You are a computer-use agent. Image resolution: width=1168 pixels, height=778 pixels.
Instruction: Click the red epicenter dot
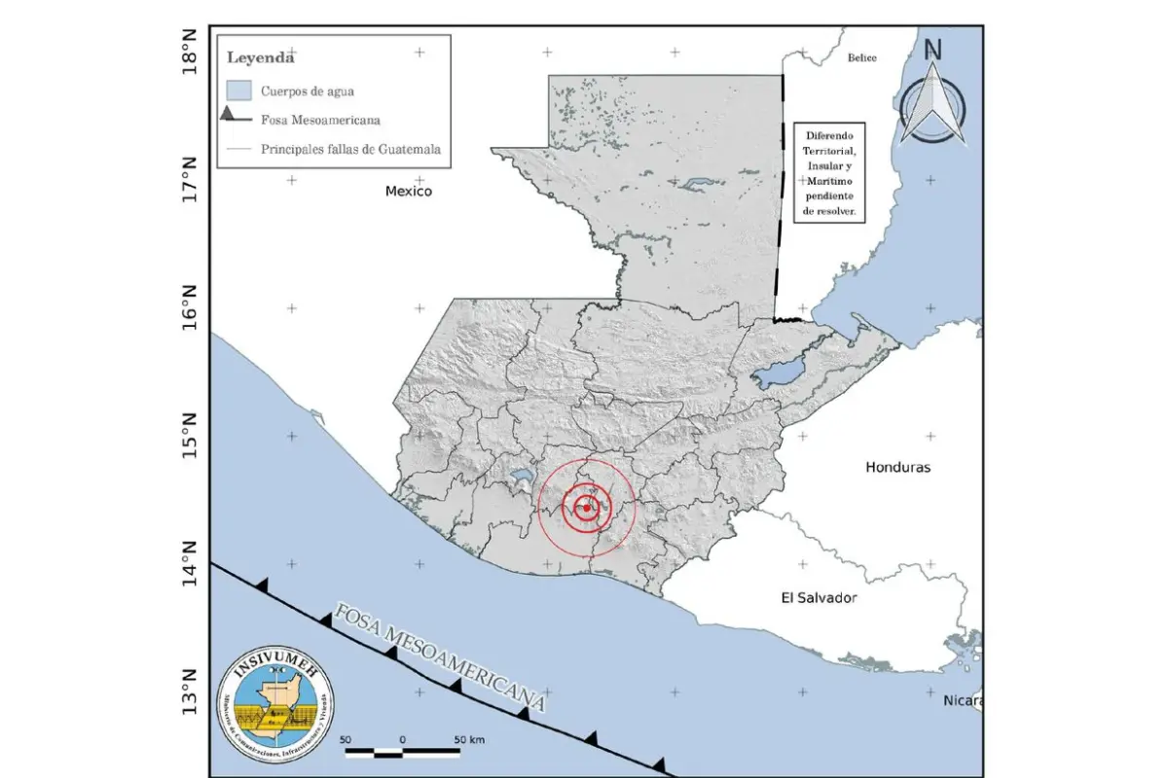[586, 508]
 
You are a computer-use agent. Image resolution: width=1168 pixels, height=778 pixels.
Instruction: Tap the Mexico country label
[408, 192]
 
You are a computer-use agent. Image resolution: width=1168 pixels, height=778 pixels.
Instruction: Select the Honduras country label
[897, 467]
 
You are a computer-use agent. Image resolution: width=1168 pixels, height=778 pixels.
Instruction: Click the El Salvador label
[819, 598]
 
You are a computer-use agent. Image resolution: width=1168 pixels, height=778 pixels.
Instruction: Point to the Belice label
[861, 58]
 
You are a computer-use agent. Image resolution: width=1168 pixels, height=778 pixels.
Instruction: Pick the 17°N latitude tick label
[192, 178]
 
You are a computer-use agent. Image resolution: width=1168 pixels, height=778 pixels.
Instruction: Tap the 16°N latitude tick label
[192, 307]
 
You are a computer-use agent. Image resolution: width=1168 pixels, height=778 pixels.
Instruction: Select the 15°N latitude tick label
[192, 435]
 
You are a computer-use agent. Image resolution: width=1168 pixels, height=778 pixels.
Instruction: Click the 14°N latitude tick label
[192, 563]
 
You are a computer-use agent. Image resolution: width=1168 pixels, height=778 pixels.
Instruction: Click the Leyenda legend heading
[261, 57]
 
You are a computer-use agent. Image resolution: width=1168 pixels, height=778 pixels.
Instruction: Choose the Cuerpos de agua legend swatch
[238, 90]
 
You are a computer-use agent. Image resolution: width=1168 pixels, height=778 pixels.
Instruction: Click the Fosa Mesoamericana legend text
[320, 121]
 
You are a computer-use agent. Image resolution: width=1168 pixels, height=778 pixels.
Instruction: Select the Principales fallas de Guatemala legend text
[350, 150]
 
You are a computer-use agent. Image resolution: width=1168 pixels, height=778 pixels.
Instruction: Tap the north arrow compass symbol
[932, 97]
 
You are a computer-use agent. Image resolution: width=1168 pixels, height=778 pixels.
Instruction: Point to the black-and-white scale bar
[402, 752]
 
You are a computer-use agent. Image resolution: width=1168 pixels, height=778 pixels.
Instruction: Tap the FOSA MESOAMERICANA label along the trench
[438, 659]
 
